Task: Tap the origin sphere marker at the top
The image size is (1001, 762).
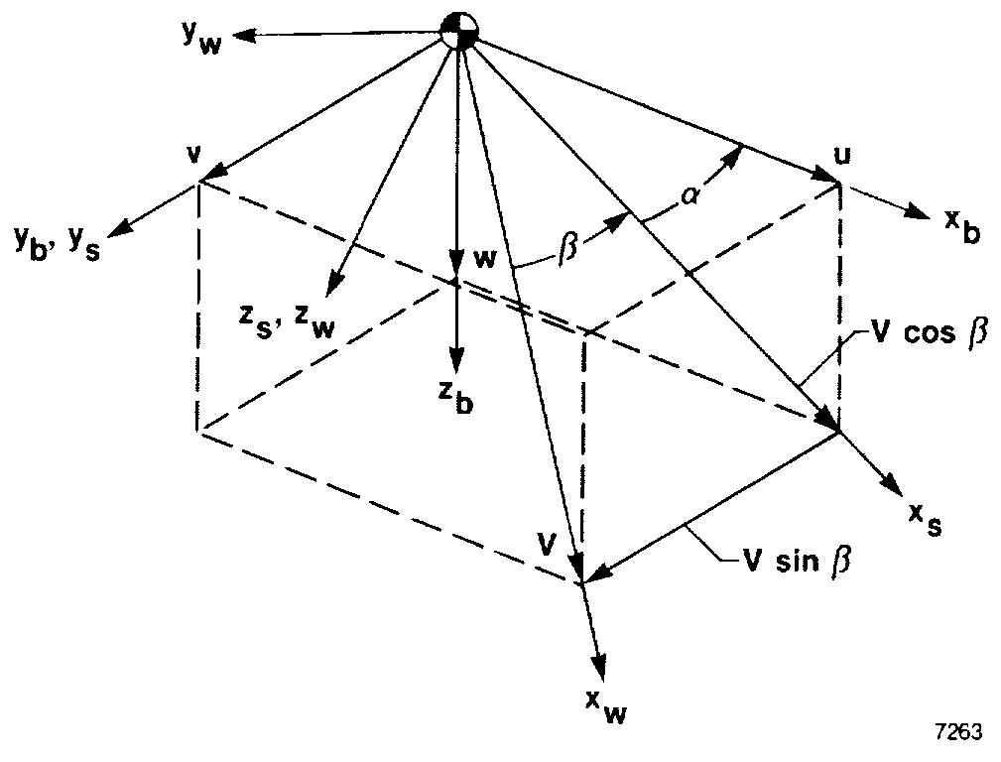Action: point(458,30)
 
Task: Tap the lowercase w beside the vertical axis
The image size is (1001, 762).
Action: point(484,260)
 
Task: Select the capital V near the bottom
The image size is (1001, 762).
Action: point(545,543)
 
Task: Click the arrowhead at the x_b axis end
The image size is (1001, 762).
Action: point(908,210)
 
